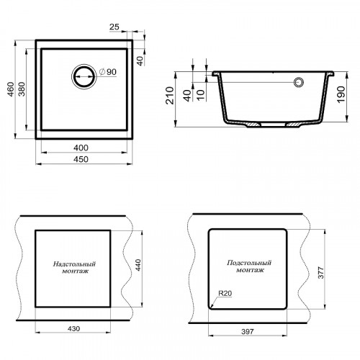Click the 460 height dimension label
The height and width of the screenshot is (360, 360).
(11, 89)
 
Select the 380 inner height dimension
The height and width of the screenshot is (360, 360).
(22, 89)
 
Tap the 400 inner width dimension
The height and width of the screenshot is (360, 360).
(81, 148)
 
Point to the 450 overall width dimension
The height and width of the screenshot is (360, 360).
(81, 159)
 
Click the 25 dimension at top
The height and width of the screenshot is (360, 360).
(114, 27)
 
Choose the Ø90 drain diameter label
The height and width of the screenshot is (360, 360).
(108, 72)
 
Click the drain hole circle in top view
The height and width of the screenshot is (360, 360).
(84, 76)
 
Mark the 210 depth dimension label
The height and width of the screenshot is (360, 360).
(170, 95)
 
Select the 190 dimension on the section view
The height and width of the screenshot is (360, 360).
(341, 95)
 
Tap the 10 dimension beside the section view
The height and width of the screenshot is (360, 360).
(201, 95)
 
